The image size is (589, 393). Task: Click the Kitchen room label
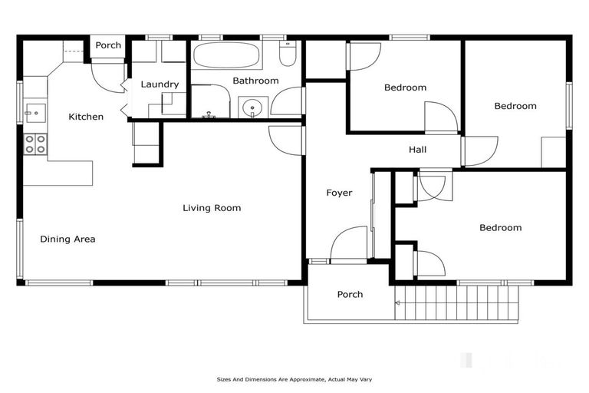click(x=86, y=117)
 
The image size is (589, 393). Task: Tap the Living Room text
click(x=212, y=208)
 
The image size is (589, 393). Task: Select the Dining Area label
click(x=67, y=239)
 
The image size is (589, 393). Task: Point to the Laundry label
click(x=160, y=84)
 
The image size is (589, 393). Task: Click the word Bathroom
click(x=255, y=81)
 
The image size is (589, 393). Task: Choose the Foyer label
click(x=339, y=193)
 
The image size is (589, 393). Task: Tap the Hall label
click(x=417, y=150)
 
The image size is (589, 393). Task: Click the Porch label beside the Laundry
click(x=108, y=45)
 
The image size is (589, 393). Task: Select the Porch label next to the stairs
click(x=350, y=295)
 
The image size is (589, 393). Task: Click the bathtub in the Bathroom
click(x=232, y=55)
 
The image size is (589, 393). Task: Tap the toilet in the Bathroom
click(x=288, y=54)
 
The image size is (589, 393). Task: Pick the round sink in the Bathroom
click(x=252, y=108)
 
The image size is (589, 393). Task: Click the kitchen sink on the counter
click(x=35, y=113)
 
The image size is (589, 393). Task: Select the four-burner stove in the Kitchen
click(x=35, y=144)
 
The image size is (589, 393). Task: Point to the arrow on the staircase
click(x=398, y=303)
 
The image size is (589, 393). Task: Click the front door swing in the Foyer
click(x=350, y=244)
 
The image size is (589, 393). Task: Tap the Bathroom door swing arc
click(x=288, y=101)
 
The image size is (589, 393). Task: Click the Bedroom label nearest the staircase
click(x=500, y=228)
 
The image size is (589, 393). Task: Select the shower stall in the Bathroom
click(x=209, y=102)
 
